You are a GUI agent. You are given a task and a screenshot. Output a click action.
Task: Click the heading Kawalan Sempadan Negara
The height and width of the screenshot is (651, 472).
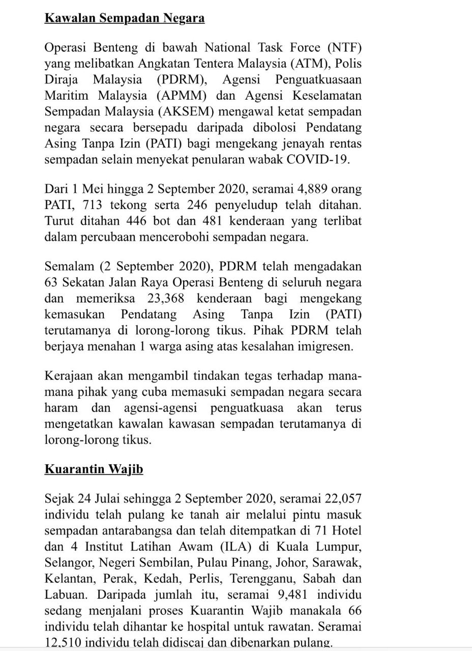125,19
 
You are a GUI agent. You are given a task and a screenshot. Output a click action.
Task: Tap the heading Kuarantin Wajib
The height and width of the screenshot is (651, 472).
94,469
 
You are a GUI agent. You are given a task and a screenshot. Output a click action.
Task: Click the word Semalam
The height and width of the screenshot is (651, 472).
69,267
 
